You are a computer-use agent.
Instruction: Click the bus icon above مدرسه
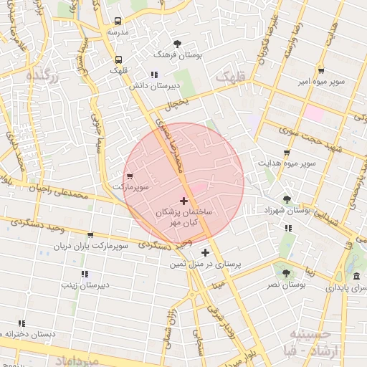[x=118, y=22]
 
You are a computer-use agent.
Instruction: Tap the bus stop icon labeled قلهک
[x=118, y=59]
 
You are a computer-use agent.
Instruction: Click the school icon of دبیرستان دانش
[x=153, y=75]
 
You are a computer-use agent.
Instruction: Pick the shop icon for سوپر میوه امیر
[x=320, y=71]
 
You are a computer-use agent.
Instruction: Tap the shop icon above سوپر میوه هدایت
[x=287, y=153]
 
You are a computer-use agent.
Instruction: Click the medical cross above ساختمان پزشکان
[x=183, y=201]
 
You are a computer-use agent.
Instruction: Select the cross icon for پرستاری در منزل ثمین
[x=206, y=252]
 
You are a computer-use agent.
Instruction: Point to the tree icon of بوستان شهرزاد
[x=287, y=199]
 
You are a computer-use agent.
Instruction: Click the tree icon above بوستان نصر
[x=287, y=273]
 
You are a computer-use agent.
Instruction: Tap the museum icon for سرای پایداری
[x=356, y=277]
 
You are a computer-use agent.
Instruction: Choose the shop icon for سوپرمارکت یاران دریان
[x=90, y=234]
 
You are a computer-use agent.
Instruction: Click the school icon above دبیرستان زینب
[x=85, y=274]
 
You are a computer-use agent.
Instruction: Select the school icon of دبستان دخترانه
[x=22, y=323]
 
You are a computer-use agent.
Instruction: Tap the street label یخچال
[x=180, y=105]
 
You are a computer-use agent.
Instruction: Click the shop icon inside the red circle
[x=130, y=176]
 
